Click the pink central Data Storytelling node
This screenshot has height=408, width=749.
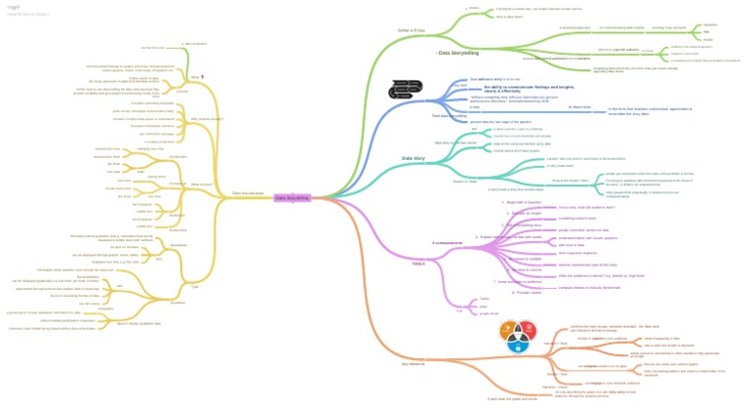click(292, 198)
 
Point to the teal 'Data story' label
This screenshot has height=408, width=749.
click(414, 157)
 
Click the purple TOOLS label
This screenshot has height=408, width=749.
click(418, 264)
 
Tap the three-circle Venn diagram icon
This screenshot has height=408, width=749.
click(516, 337)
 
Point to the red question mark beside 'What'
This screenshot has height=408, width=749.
click(202, 76)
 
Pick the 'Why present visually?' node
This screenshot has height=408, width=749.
click(207, 118)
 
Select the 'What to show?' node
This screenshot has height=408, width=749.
click(202, 184)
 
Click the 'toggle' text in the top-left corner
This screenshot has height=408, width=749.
click(14, 6)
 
